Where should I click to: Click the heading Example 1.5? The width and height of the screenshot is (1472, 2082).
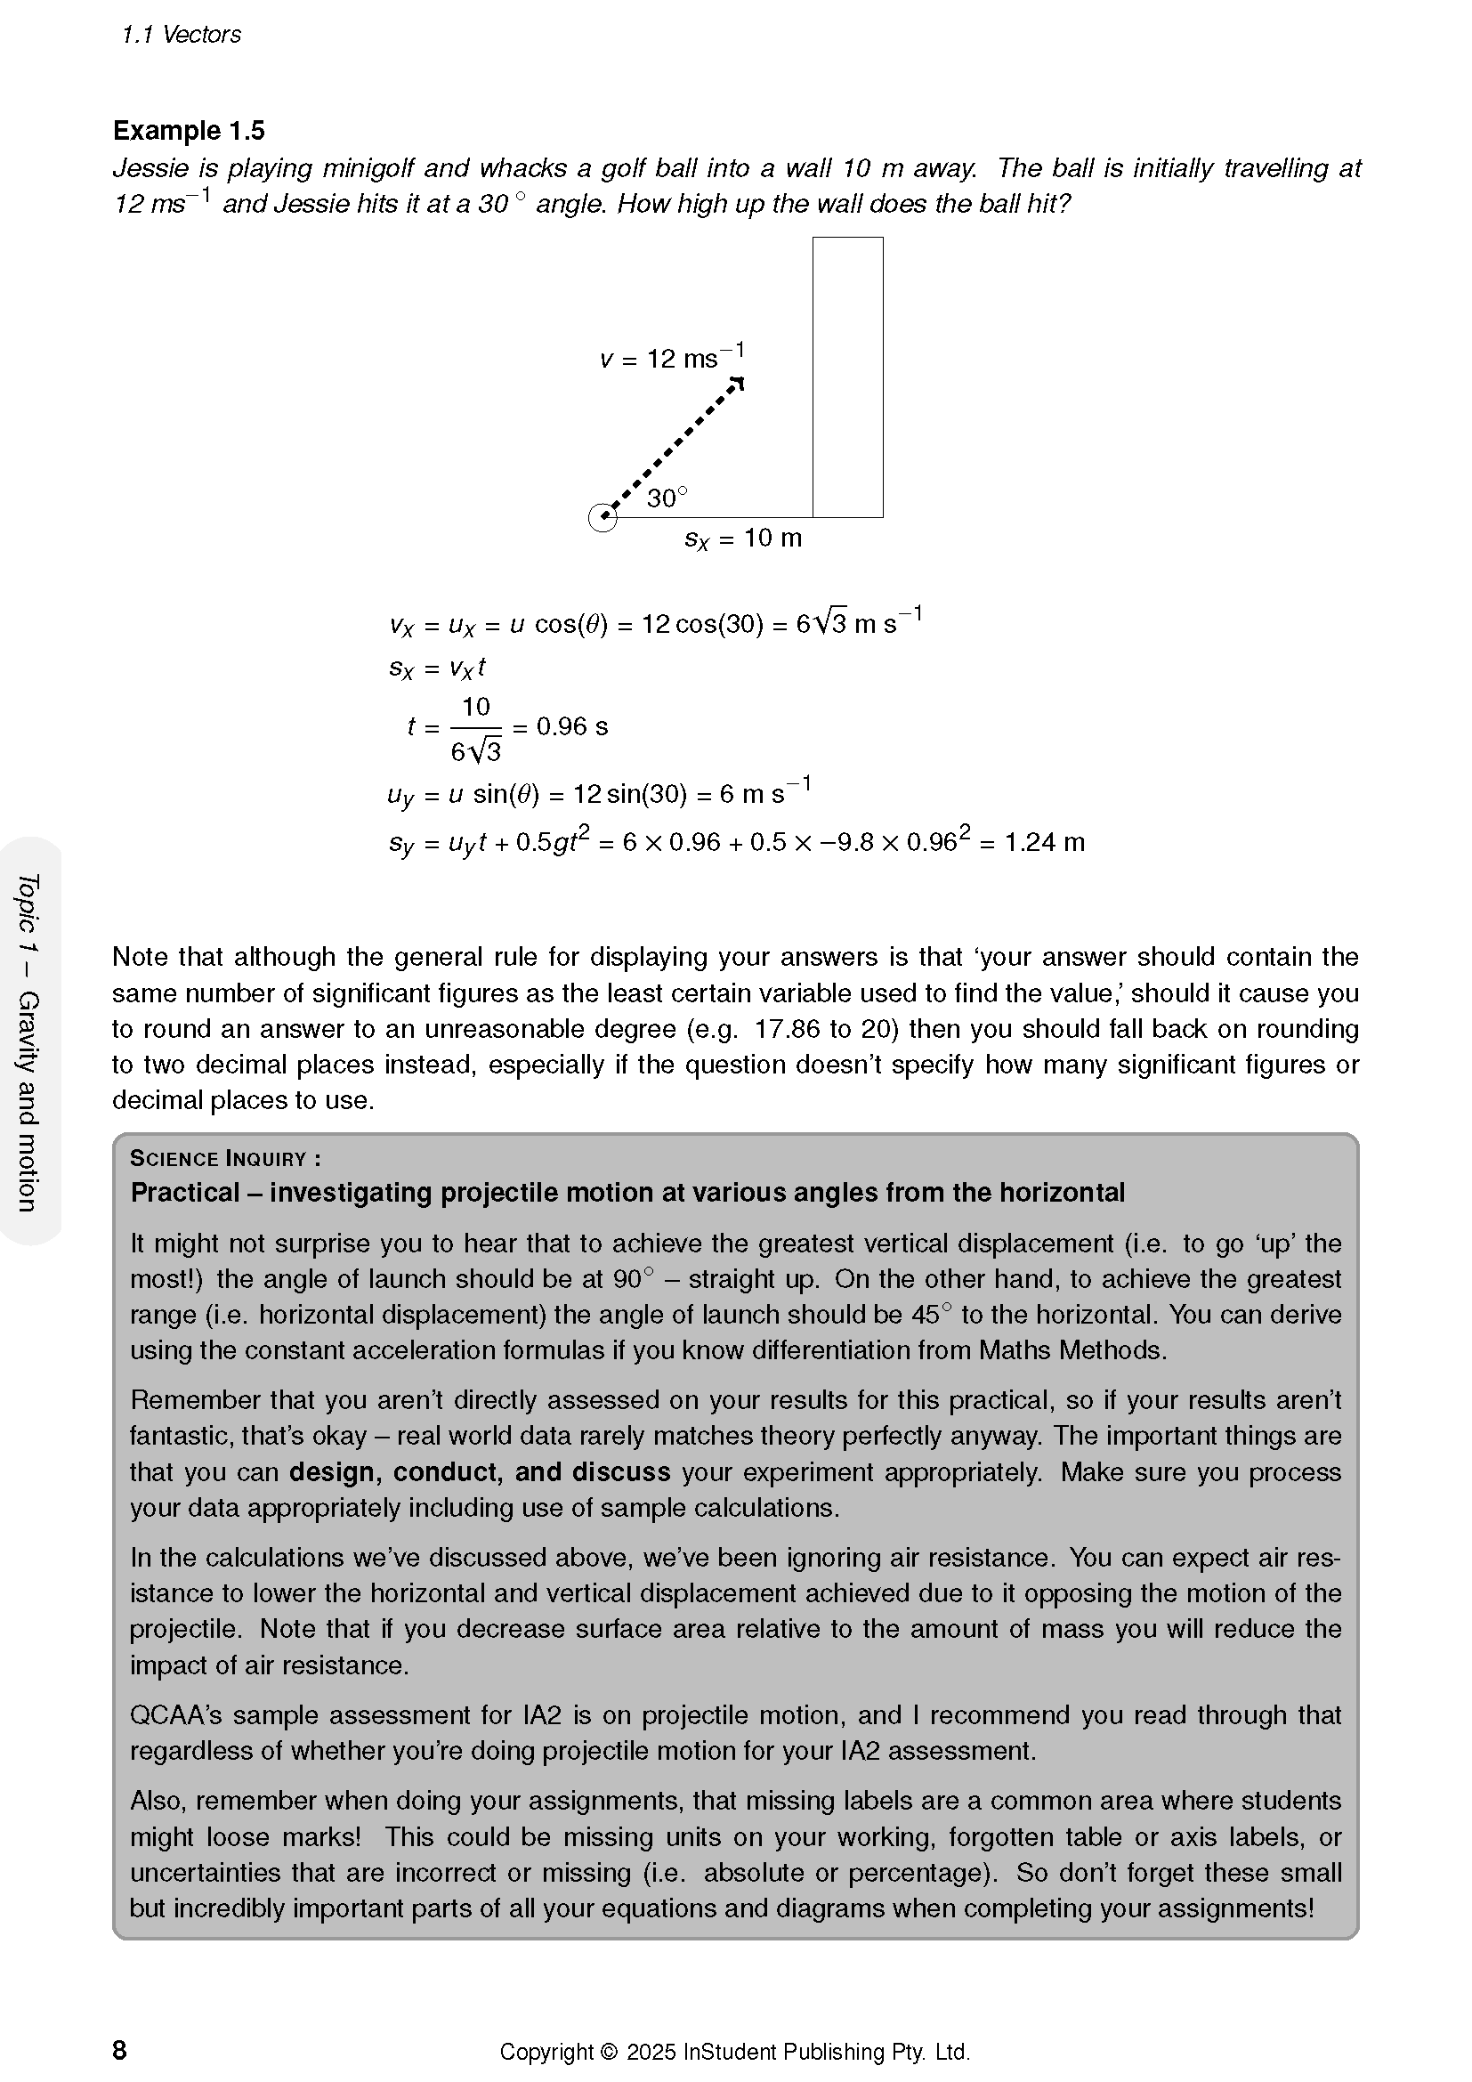pos(189,131)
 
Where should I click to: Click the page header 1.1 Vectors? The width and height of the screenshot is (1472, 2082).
pos(182,35)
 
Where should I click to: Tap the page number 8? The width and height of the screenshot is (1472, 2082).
pos(119,2050)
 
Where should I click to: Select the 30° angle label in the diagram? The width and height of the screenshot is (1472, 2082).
pos(667,498)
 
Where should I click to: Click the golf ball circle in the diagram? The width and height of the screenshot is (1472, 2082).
pos(603,518)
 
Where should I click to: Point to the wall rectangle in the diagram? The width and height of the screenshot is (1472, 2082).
pos(847,377)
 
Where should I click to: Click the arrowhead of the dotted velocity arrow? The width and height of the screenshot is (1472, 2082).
pos(738,383)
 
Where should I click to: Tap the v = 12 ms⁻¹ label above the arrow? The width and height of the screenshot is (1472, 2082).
pos(672,357)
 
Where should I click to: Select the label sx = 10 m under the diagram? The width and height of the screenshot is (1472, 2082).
pos(743,539)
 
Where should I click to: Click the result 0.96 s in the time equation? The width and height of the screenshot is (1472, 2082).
pos(572,726)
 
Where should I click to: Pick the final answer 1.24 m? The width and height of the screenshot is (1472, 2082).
pos(1044,842)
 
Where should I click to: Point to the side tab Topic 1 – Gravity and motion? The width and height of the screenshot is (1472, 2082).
pos(29,1042)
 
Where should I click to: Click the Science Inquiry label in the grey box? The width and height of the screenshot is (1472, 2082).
pos(225,1158)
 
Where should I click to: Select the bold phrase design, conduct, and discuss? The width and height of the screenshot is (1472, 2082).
pos(480,1470)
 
